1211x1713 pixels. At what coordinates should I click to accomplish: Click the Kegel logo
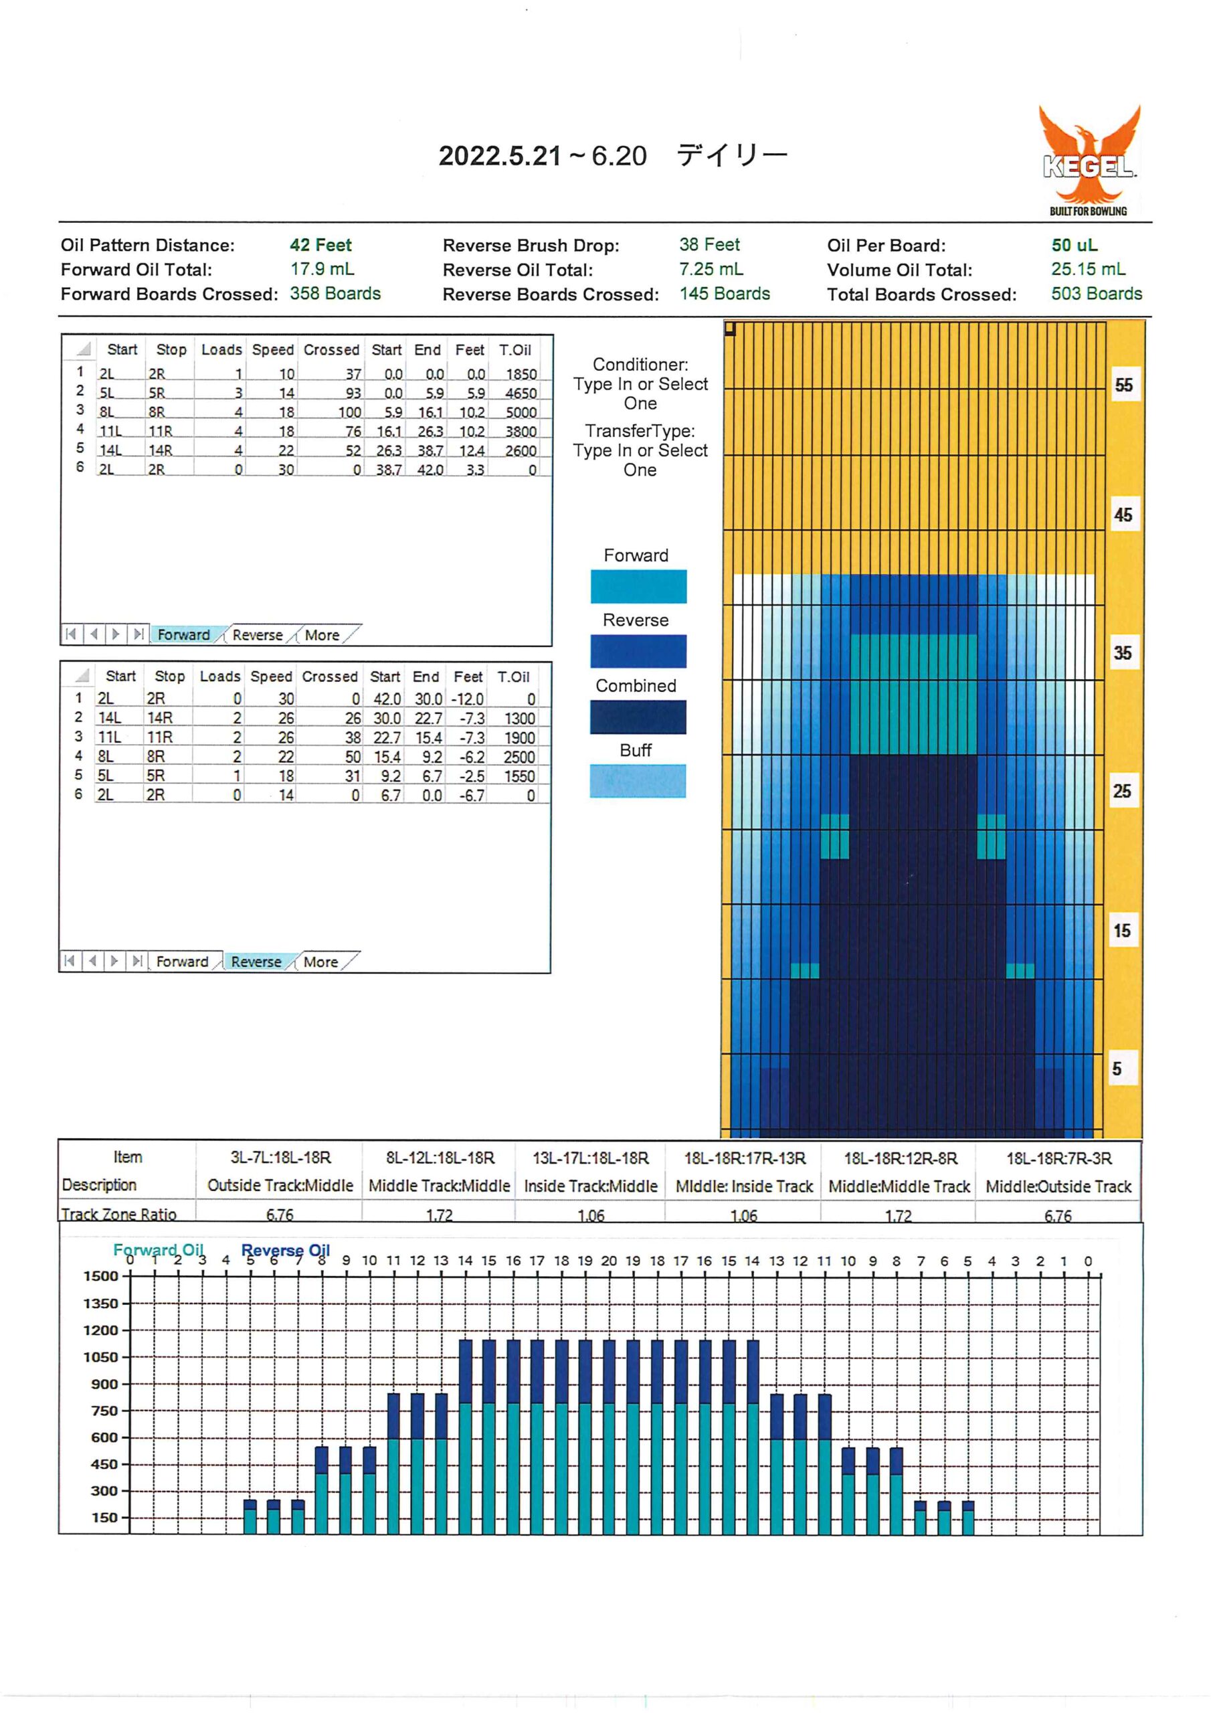1089,161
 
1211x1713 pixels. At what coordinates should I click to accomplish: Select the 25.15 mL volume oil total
1088,270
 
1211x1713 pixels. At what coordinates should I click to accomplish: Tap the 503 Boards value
1096,293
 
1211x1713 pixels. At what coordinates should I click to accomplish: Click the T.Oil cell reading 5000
521,412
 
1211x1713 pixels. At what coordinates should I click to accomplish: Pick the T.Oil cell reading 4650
521,393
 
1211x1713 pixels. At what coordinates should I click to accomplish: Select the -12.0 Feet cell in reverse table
467,699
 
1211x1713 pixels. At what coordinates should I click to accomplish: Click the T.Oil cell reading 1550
519,776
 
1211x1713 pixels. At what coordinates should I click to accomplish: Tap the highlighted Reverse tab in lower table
256,962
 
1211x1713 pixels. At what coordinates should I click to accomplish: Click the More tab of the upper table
322,635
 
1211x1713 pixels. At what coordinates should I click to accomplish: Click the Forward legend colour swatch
638,586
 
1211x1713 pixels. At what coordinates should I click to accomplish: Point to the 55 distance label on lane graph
1123,385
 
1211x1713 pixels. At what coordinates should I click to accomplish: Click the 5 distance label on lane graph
1116,1069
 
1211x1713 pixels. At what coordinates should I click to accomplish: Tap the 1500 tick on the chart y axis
101,1276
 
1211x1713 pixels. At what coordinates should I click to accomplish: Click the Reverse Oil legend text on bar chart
285,1250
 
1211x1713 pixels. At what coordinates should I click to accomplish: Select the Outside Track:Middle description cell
280,1186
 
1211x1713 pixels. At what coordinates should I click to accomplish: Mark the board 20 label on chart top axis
609,1261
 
